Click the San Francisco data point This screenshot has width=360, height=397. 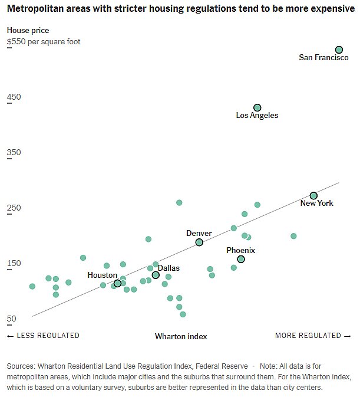point(339,50)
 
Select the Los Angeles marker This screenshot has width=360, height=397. point(257,107)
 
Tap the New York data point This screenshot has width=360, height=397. point(313,195)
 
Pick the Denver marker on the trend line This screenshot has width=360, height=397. point(199,242)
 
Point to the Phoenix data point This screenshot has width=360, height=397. point(240,259)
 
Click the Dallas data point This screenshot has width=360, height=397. point(156,275)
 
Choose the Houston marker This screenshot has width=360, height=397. point(117,283)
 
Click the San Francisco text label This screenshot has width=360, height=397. point(323,58)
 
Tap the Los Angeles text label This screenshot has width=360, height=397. point(257,116)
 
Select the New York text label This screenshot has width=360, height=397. point(316,204)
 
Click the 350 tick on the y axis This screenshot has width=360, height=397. point(14,152)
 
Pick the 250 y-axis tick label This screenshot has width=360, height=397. point(14,208)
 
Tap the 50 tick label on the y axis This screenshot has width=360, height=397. point(11,319)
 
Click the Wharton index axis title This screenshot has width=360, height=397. point(181,336)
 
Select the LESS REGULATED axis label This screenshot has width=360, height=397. point(43,336)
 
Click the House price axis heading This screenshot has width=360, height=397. point(28,30)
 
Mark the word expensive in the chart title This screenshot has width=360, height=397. point(322,11)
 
